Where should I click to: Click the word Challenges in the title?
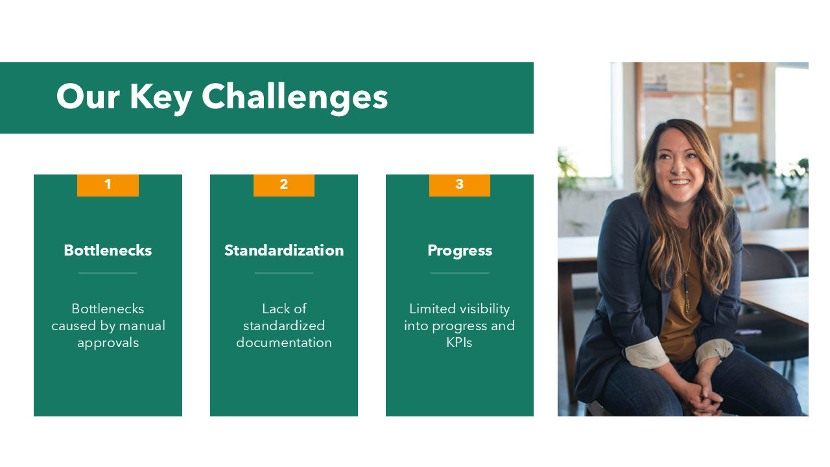point(294,97)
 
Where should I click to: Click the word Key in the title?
point(161,97)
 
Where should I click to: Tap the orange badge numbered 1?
point(108,185)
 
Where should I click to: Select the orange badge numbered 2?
point(284,185)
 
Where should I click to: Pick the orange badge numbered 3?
point(460,185)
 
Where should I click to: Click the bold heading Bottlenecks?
point(108,250)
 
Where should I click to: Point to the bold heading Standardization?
point(284,250)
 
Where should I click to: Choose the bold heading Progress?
point(460,250)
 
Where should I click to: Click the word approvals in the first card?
point(108,342)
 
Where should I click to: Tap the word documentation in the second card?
point(284,342)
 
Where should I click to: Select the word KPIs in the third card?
point(460,342)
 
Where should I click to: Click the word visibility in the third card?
point(477,309)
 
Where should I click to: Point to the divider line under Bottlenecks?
point(108,273)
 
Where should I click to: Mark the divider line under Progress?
point(460,273)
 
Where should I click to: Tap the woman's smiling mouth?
point(680,182)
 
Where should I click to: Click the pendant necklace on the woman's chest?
point(686,298)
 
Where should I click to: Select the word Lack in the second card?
point(274,309)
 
